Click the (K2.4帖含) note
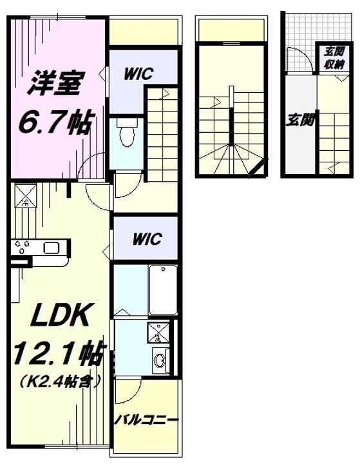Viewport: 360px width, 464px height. coord(59,381)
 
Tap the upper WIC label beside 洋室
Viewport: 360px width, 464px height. coord(138,73)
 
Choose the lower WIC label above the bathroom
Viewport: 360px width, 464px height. coord(147,238)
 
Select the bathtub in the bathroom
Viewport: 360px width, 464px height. coord(163,290)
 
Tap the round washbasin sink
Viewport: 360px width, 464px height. coord(160,361)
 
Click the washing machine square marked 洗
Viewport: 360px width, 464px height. coord(158,333)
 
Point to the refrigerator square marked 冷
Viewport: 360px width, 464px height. coord(26,195)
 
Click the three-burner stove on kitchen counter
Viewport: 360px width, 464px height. coord(23,246)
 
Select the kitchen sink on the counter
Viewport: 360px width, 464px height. coord(52,247)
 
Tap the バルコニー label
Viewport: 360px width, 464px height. coord(147,420)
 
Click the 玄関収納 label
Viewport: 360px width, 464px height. coord(334,58)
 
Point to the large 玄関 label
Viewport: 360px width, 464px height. coord(299,120)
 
